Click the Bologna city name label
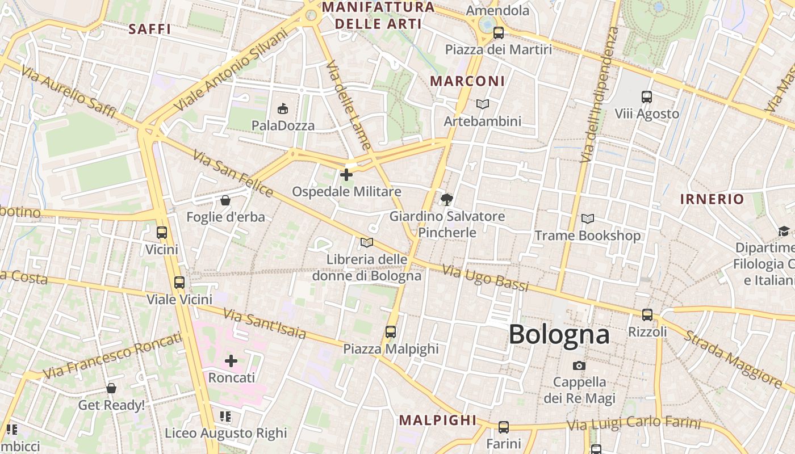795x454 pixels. click(x=559, y=334)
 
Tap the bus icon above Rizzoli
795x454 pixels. click(x=647, y=314)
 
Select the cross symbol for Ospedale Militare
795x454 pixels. click(x=346, y=175)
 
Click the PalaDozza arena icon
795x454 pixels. click(x=282, y=108)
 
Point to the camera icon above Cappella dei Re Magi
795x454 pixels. click(x=579, y=365)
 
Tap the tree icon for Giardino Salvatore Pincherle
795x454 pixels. click(x=446, y=199)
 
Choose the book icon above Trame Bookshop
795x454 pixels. click(x=587, y=218)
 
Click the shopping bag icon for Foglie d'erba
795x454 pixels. click(x=225, y=200)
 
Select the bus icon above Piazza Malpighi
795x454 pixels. click(x=390, y=331)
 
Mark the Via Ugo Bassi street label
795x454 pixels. click(x=486, y=279)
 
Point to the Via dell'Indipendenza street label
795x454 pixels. click(x=598, y=94)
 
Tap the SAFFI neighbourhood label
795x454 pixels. click(x=149, y=29)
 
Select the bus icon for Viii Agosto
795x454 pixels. click(x=646, y=97)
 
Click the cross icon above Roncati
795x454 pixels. click(x=231, y=360)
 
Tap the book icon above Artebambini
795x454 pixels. click(x=482, y=104)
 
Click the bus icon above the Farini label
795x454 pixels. click(x=503, y=427)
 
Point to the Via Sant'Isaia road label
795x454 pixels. click(x=264, y=323)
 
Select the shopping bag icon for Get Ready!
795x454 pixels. click(x=111, y=388)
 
